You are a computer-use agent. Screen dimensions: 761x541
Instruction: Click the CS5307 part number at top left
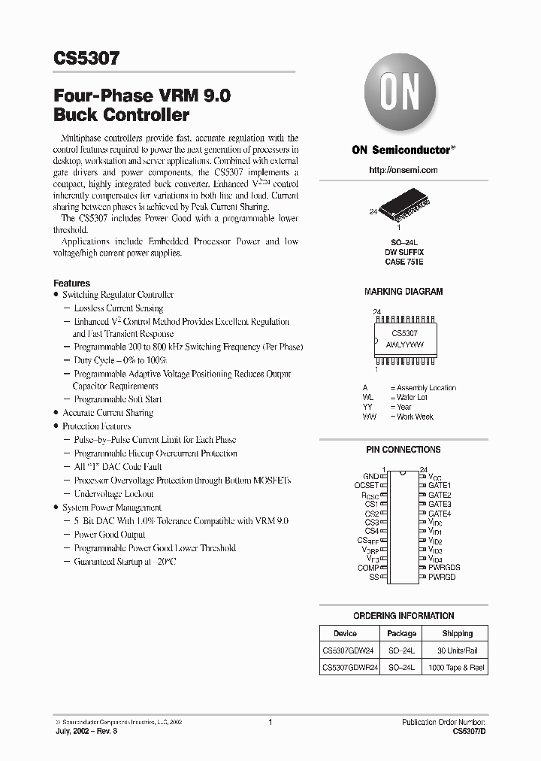(86, 59)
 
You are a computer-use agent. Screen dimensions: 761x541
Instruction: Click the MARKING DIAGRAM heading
(403, 291)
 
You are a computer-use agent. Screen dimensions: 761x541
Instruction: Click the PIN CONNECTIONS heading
(403, 450)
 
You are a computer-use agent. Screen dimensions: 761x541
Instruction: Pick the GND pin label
(370, 477)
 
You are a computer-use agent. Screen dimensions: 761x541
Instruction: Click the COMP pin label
(367, 568)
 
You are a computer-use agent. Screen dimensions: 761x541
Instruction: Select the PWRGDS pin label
(444, 568)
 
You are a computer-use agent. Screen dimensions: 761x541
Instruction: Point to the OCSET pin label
(366, 486)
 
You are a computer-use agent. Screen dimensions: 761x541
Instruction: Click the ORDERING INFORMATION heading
(403, 616)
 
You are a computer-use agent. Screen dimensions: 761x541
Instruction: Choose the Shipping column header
(457, 633)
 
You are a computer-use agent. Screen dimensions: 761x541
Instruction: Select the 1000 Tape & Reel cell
(457, 667)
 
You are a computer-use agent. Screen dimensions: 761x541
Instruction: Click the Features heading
(72, 283)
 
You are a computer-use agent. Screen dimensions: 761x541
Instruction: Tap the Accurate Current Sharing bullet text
(107, 413)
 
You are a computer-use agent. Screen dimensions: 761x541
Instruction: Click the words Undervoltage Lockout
(113, 494)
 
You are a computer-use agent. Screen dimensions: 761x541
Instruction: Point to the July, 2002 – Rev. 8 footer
(84, 730)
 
